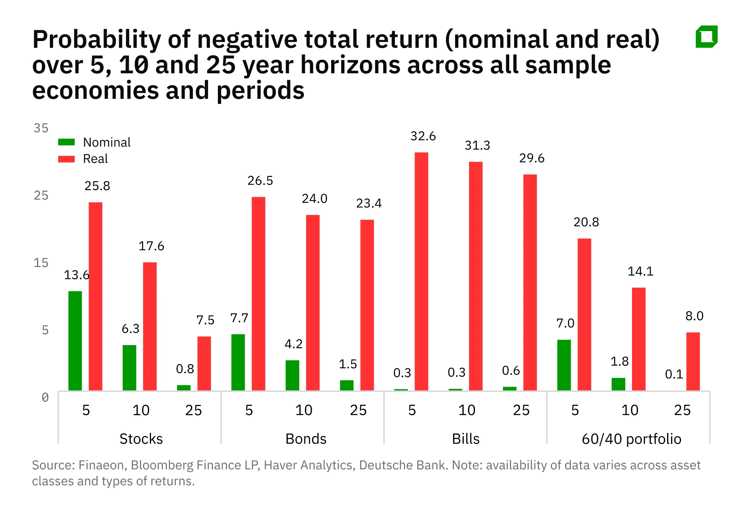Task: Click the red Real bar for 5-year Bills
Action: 421,271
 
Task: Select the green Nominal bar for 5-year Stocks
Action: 75,341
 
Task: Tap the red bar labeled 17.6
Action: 150,326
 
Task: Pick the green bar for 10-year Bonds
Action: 292,375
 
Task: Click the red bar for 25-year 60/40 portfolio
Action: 693,361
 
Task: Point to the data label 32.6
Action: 423,136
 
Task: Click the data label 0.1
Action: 674,374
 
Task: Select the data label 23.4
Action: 369,204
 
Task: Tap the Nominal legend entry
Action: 106,142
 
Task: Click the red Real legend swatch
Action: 66,159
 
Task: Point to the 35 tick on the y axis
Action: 41,128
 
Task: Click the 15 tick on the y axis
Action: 41,263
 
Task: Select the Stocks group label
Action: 141,439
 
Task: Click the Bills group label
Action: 465,439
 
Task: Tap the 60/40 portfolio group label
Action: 631,439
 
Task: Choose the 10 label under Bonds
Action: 304,410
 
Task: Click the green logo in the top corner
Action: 707,37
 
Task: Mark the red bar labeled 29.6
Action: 530,282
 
